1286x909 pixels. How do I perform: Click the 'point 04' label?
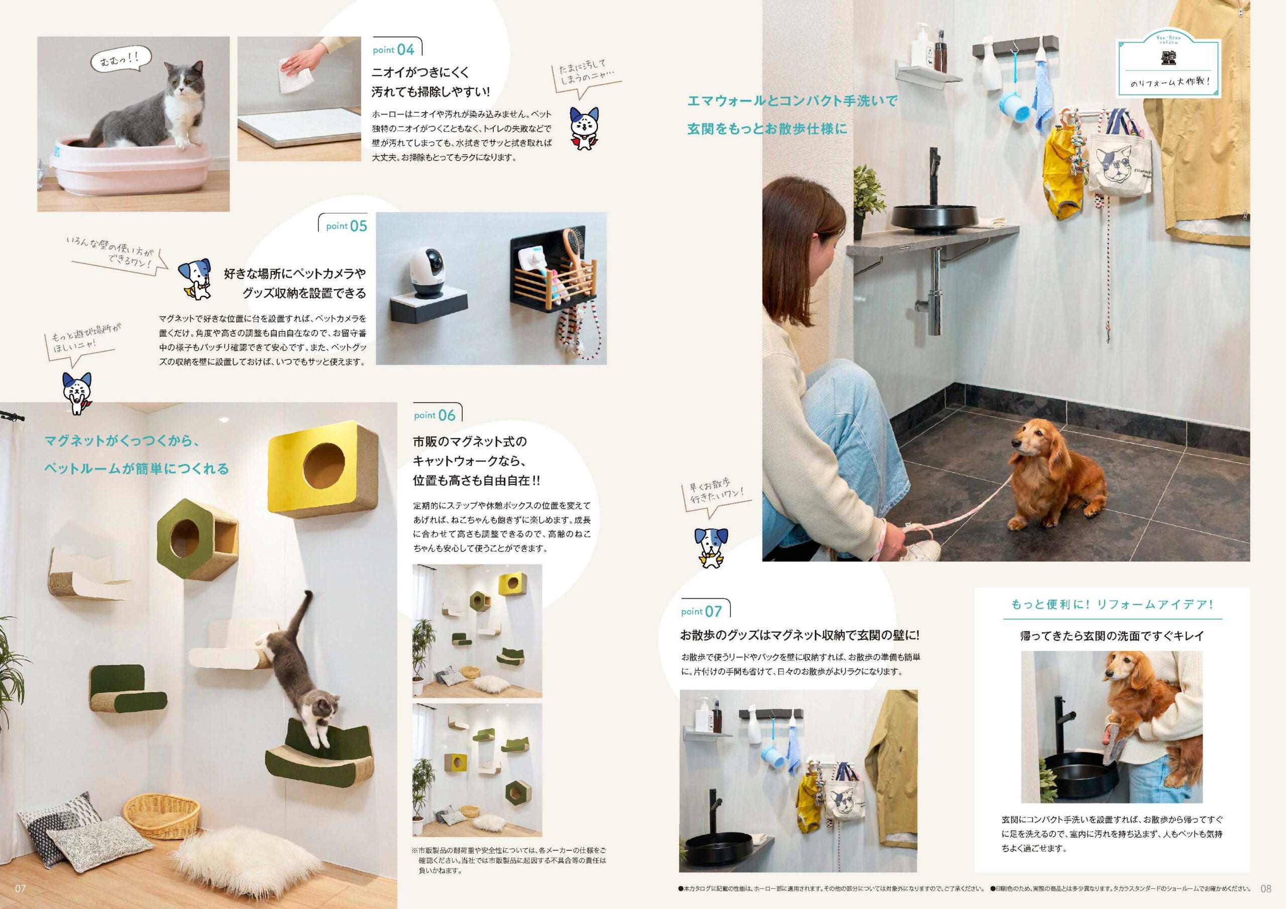pyautogui.click(x=394, y=49)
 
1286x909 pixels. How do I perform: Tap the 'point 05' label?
pyautogui.click(x=347, y=225)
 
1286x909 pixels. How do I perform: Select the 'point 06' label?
pyautogui.click(x=435, y=415)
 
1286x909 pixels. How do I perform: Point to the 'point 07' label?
pyautogui.click(x=701, y=611)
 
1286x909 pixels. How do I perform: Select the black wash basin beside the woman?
pyautogui.click(x=934, y=218)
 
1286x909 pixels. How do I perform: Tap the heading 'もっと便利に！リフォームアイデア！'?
pyautogui.click(x=1112, y=605)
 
